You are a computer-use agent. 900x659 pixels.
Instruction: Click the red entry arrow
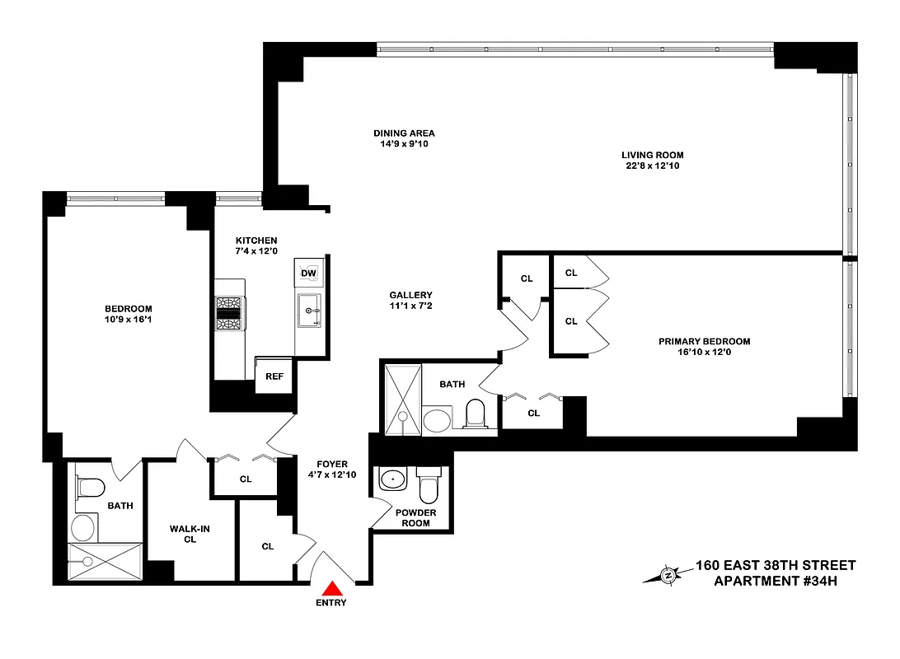point(332,587)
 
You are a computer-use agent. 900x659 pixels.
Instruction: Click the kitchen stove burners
point(229,314)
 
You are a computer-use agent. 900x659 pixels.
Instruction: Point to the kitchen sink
point(311,311)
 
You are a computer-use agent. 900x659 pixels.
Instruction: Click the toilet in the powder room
point(429,488)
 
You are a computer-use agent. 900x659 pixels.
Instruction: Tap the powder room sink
point(392,479)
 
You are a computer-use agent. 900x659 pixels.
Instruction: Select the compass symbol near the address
point(668,574)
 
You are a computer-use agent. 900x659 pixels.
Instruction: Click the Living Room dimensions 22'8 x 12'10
point(652,166)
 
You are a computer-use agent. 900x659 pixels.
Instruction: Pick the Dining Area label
point(404,133)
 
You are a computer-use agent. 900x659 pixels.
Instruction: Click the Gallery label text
point(410,295)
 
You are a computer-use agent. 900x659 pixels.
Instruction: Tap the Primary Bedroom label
point(704,341)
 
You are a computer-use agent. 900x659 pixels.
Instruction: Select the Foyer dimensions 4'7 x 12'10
point(332,474)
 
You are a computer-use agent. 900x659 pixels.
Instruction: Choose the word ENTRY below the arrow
point(330,603)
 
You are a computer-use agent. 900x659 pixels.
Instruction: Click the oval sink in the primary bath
point(437,421)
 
